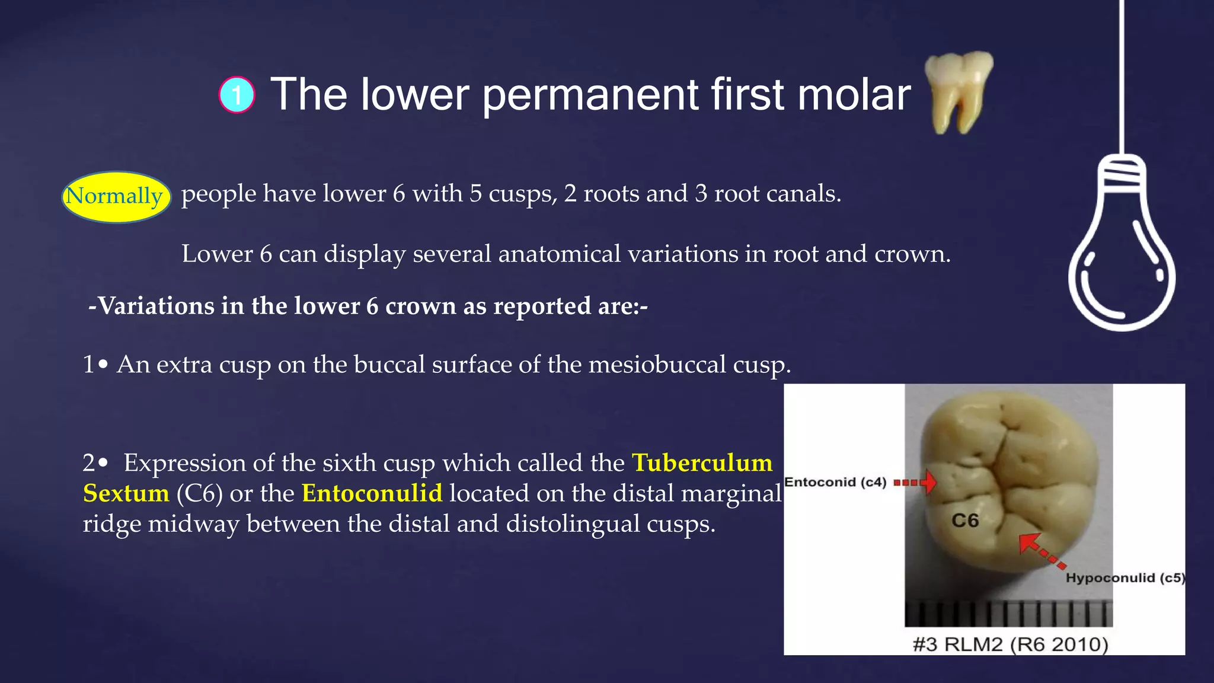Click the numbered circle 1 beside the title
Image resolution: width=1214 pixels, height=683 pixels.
pos(237,95)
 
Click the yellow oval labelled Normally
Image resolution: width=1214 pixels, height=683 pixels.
pos(116,197)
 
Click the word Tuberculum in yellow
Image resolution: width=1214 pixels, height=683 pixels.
pos(702,463)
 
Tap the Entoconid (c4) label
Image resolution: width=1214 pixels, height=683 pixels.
pos(835,482)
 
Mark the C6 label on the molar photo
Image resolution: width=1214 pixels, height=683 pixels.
pos(965,521)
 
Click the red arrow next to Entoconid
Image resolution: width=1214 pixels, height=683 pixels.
pos(916,482)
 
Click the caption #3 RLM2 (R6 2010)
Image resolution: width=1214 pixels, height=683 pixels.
pos(1010,644)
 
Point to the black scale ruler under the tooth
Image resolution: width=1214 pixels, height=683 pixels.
pos(1008,613)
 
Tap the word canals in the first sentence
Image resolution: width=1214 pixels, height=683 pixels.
pos(809,194)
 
